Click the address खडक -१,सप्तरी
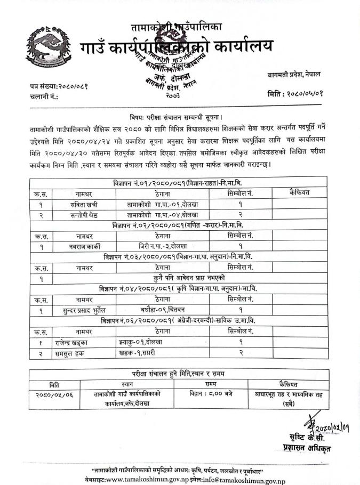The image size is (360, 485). [x=138, y=352]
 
